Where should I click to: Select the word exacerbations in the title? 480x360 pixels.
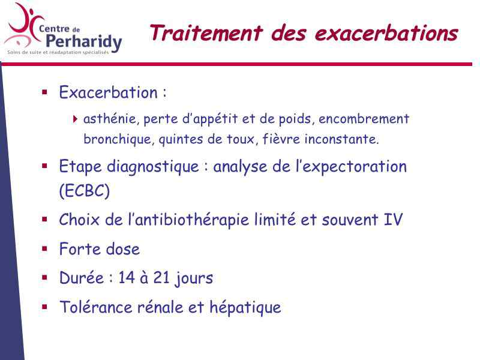point(386,33)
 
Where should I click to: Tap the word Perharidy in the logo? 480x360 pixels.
point(85,42)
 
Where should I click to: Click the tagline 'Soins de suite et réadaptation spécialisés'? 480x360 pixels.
point(58,52)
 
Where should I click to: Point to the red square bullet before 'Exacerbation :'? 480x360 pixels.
point(44,92)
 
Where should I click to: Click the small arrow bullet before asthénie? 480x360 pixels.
point(76,119)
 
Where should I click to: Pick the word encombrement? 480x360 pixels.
point(364,119)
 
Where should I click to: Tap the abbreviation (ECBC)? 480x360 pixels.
point(85,191)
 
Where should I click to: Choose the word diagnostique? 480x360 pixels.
point(153,167)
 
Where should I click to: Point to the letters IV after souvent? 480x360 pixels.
point(393,220)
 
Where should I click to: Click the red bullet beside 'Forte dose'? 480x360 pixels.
point(44,248)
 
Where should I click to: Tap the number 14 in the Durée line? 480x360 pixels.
point(127,278)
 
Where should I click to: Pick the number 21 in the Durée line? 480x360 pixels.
point(161,278)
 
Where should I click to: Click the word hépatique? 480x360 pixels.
point(245,308)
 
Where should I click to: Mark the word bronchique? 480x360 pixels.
point(117,139)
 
